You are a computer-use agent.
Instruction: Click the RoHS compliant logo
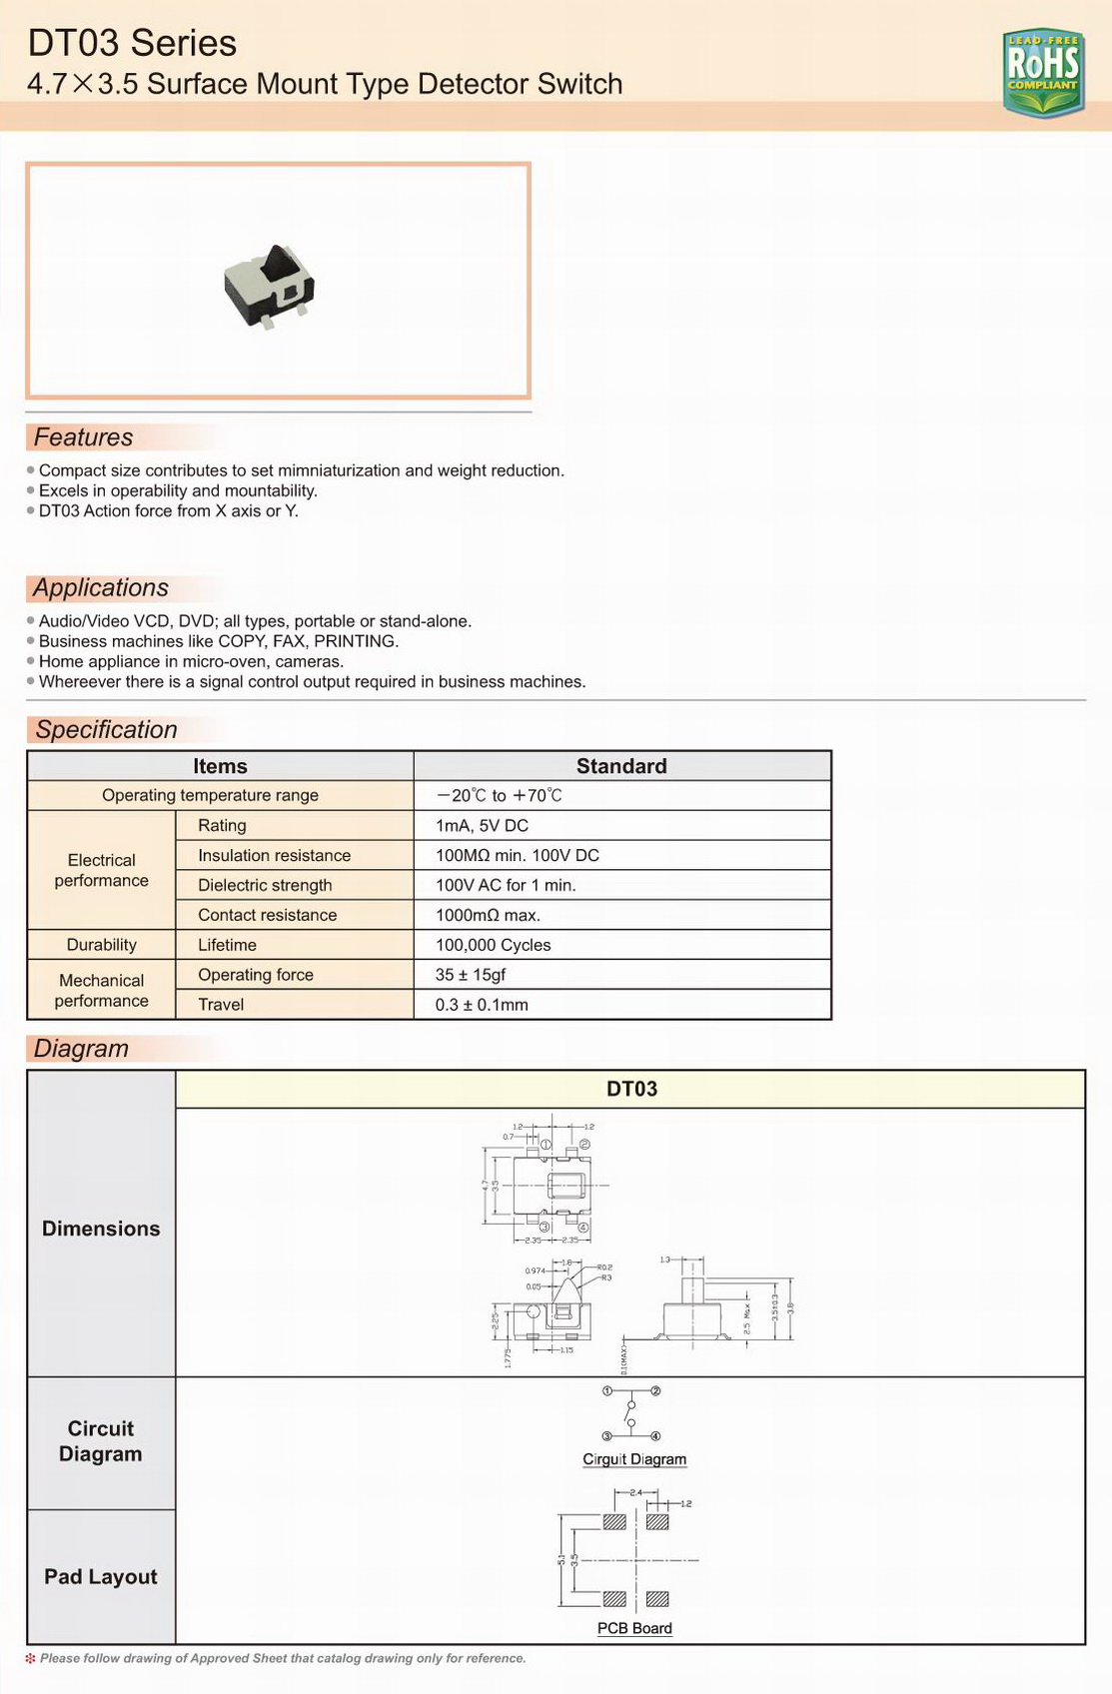point(1043,72)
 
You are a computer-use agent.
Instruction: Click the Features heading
point(83,437)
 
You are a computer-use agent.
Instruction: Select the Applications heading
point(100,588)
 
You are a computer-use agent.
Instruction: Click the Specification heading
point(106,730)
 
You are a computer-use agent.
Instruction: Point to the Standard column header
point(621,766)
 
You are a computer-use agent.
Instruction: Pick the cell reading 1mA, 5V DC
point(482,826)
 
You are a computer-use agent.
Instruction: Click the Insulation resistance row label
point(274,856)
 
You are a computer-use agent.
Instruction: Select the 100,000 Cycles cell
point(493,945)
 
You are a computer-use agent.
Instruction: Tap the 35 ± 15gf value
point(470,975)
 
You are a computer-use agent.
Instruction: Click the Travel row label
point(221,1005)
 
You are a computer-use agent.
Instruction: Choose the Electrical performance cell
point(101,870)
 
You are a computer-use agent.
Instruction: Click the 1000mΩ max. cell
point(488,915)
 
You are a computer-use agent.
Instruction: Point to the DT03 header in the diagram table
point(631,1089)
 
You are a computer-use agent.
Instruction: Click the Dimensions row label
point(101,1229)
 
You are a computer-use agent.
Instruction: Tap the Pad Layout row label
point(101,1576)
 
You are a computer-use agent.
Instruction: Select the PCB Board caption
point(634,1628)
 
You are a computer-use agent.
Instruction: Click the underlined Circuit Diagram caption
point(634,1459)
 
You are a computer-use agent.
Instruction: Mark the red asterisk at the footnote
point(30,1658)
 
